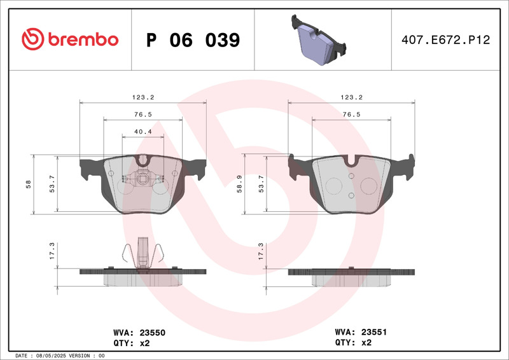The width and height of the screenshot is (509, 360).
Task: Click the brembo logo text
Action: point(83,39)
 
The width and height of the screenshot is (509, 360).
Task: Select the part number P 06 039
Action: point(193,40)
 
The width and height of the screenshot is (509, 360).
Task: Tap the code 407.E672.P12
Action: point(446,39)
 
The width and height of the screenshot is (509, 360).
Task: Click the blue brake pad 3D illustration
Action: point(319,39)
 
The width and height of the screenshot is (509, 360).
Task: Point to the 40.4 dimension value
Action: point(143,132)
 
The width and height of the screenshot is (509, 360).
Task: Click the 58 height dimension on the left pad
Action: point(29,184)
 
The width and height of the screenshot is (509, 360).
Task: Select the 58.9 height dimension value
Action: point(240,184)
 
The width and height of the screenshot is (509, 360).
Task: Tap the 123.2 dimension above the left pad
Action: point(143,97)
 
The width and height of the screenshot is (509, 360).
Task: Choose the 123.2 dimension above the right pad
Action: point(352,97)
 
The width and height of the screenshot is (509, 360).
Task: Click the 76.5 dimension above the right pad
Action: point(352,114)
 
